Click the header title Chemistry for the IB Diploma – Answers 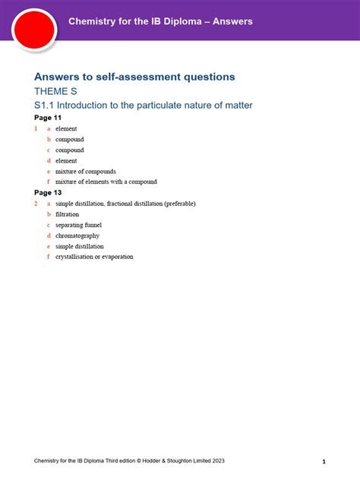[160, 21]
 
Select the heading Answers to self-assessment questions [134, 77]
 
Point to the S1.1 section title [143, 106]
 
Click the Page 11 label [48, 118]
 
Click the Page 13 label [48, 193]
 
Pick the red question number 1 [36, 129]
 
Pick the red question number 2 [36, 204]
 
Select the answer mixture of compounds [86, 172]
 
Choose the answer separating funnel [78, 225]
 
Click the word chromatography [77, 235]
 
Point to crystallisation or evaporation [94, 257]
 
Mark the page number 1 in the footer [324, 461]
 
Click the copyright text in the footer [129, 460]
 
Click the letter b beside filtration [49, 214]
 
